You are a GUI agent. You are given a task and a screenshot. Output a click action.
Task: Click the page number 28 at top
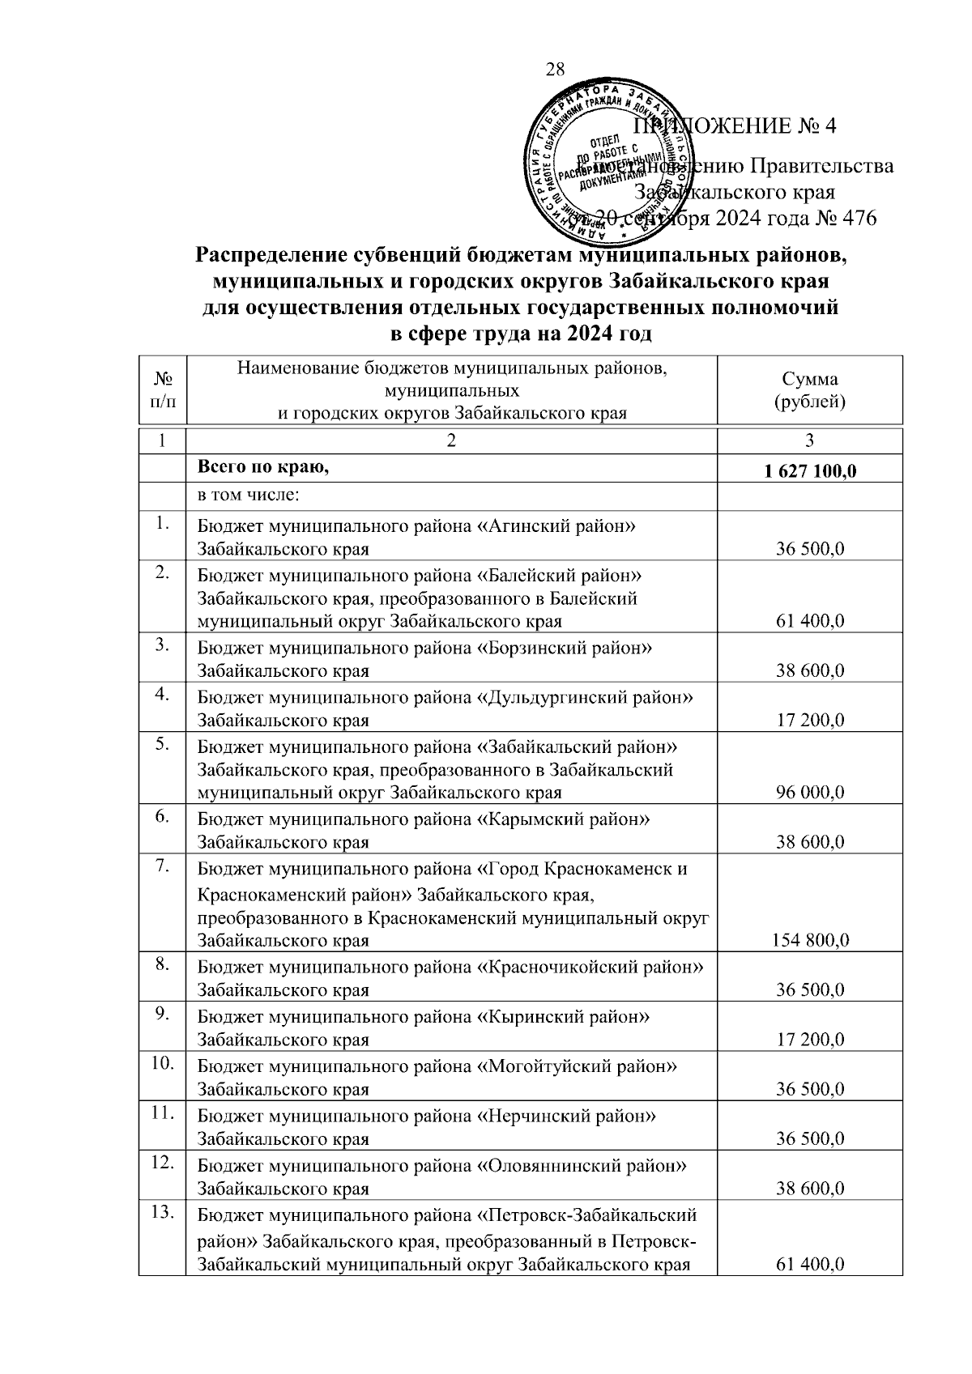(556, 69)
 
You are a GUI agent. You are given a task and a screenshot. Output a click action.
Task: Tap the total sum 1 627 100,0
(809, 472)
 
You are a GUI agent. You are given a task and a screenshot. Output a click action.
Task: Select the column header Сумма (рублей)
(809, 390)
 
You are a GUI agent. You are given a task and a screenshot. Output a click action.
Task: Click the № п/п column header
(162, 390)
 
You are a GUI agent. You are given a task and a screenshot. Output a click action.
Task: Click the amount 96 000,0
(810, 792)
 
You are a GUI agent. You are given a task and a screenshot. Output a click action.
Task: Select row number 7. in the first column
(162, 867)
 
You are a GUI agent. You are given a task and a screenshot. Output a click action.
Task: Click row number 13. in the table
(163, 1213)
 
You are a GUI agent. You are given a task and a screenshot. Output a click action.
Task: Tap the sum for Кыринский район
(810, 1040)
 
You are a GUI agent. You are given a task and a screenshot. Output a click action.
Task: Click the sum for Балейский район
(810, 621)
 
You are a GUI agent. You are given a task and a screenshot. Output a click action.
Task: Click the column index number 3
(809, 440)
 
